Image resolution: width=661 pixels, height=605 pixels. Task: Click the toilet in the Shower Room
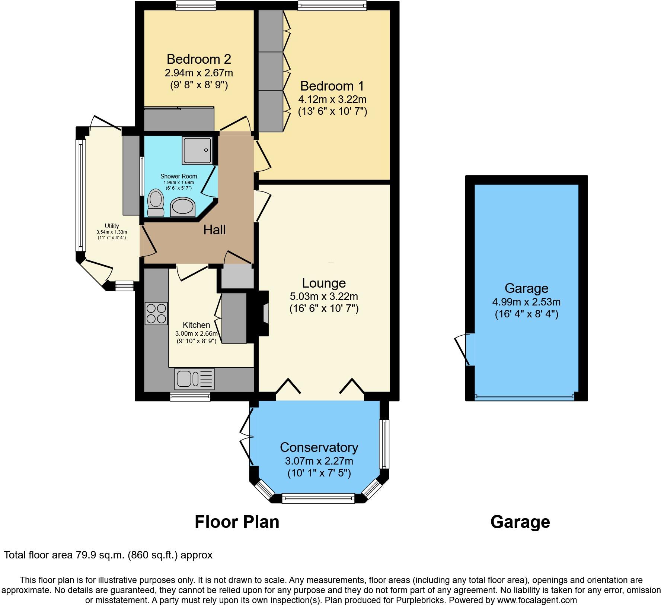[156, 203]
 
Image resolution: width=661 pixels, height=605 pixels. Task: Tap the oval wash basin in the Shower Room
[183, 207]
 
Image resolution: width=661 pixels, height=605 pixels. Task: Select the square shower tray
[197, 150]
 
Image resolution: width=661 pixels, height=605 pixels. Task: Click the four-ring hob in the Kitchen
[156, 314]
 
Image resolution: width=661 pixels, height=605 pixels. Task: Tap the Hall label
[214, 230]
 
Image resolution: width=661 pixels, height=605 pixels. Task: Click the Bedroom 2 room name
[199, 59]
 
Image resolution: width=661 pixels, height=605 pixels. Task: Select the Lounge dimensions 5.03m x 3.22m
[324, 297]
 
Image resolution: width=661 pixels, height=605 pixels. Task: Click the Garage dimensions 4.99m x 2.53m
[526, 302]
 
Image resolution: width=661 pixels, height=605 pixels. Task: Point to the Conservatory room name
[319, 447]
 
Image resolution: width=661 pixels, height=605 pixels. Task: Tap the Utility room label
[112, 226]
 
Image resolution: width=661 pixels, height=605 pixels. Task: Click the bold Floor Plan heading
[237, 522]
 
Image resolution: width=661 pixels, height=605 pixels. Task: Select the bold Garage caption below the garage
[520, 522]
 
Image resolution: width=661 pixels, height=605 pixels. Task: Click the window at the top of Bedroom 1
[332, 5]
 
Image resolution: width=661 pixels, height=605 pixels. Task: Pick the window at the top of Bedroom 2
[196, 5]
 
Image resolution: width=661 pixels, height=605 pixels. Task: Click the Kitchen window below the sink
[190, 397]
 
